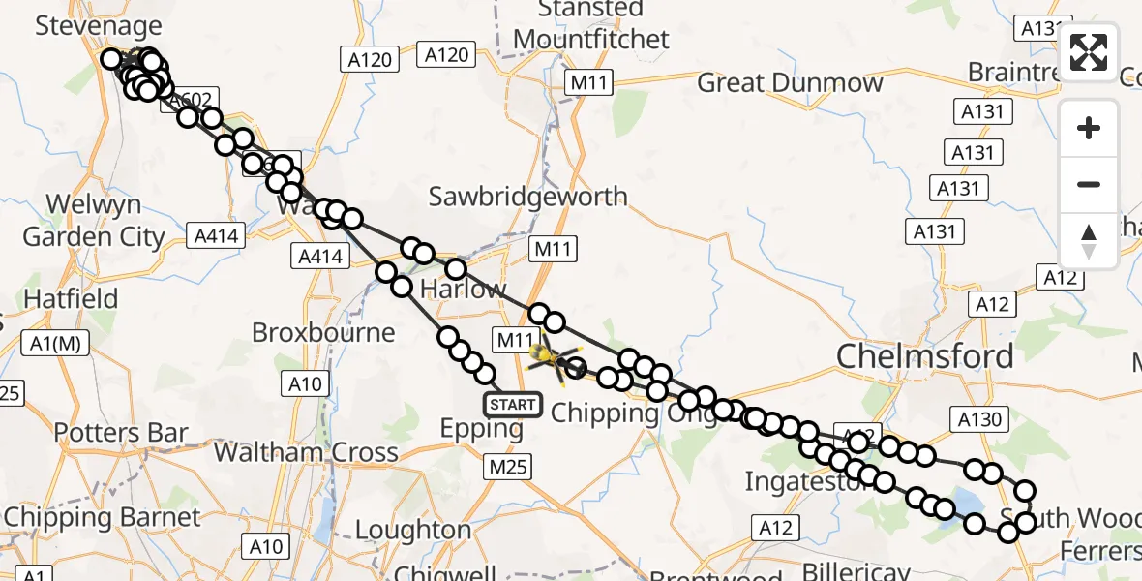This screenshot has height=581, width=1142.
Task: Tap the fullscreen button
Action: coord(1089,52)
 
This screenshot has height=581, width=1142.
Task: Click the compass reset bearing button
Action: coord(1089,240)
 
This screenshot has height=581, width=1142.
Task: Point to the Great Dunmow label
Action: coord(790,82)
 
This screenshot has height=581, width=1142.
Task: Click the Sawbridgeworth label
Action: coord(527,197)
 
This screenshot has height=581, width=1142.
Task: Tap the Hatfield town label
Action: coord(71,298)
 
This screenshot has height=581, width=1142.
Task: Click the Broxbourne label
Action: coord(323,332)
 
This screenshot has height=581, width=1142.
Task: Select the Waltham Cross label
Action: coord(305,451)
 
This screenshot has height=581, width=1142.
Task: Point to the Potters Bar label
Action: coord(121,432)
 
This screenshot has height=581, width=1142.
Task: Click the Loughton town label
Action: coord(413,530)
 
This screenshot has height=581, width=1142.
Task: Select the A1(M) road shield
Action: coord(54,342)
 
